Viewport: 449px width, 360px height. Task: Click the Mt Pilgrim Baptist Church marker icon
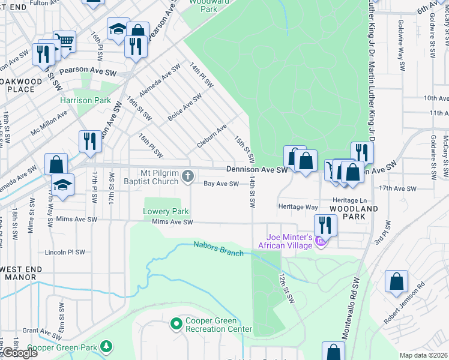coord(188,176)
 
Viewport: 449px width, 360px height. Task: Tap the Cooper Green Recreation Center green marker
coord(176,325)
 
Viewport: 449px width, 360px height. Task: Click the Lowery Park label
coord(166,211)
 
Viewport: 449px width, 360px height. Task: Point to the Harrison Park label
coord(85,100)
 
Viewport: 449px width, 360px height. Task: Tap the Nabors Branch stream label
coord(218,248)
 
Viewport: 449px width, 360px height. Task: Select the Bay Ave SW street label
coord(221,184)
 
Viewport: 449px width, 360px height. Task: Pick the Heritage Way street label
coord(298,206)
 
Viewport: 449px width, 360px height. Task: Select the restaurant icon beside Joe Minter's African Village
coord(325,225)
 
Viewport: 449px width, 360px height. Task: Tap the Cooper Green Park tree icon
coord(106,346)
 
